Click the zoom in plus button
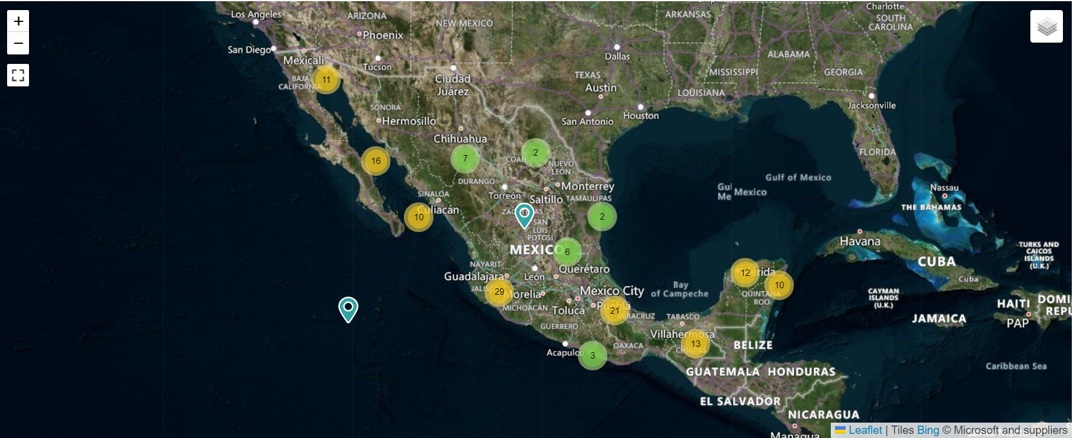(18, 21)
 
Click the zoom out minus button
(18, 43)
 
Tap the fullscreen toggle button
(18, 75)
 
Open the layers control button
(1046, 27)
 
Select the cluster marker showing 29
(499, 291)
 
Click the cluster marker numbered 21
(615, 310)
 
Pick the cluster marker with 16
(375, 160)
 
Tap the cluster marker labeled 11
(326, 79)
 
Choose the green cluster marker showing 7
(465, 158)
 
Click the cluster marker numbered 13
(695, 343)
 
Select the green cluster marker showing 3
(592, 355)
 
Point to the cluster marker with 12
(745, 273)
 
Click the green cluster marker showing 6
(567, 252)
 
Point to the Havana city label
(860, 241)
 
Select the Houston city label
(641, 115)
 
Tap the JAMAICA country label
(939, 318)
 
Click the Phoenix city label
(383, 36)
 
